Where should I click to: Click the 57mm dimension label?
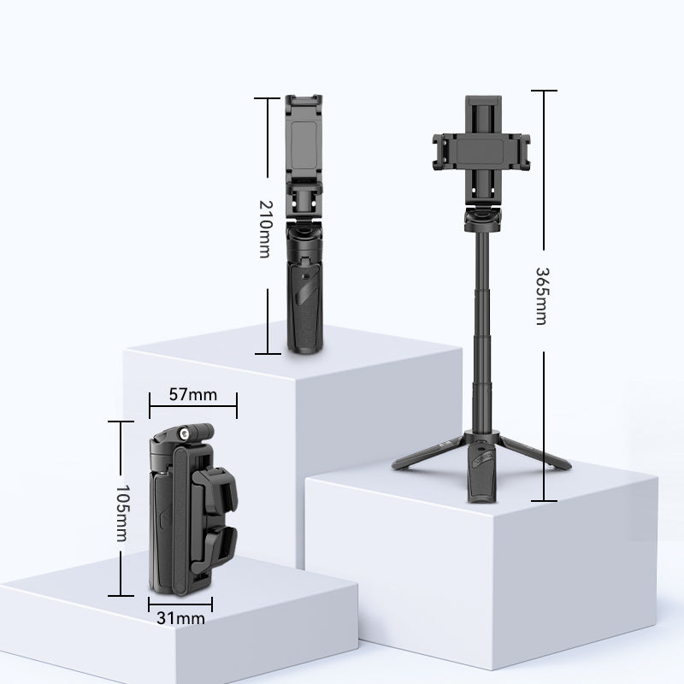[193, 394]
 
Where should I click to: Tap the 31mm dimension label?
[180, 618]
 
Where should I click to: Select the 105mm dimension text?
[122, 513]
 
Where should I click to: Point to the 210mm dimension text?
[265, 229]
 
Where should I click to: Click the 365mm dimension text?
[541, 296]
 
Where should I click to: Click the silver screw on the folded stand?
[183, 433]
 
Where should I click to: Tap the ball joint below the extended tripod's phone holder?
[482, 219]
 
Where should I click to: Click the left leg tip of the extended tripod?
[396, 465]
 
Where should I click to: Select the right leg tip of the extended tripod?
[566, 465]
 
